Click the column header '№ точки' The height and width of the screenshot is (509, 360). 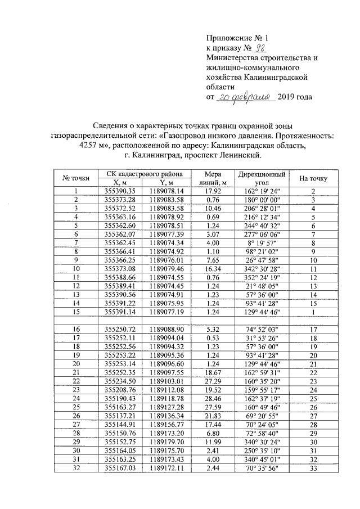point(75,178)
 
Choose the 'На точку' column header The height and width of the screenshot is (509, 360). point(313,178)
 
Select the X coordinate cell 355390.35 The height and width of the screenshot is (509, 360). point(121,191)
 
